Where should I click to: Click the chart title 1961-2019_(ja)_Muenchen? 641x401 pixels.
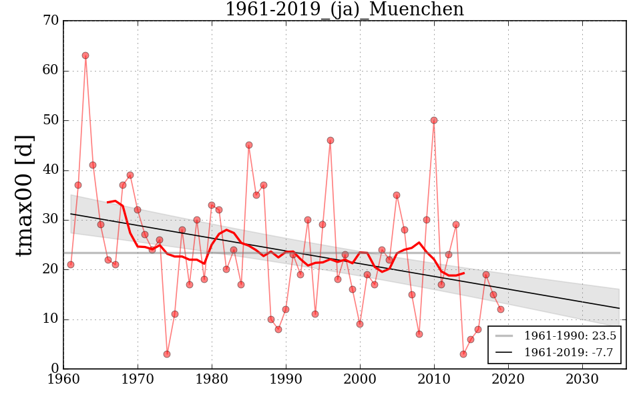tap(344, 9)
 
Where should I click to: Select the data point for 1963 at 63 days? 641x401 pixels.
tap(85, 55)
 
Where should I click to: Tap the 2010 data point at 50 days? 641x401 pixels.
tap(434, 120)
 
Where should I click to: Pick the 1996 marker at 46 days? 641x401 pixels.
tap(331, 140)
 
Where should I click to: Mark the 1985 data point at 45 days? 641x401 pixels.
tap(249, 145)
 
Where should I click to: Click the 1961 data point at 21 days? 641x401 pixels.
tap(71, 265)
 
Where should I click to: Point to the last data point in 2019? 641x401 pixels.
tap(501, 309)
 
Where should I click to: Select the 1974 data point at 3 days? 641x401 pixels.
tap(167, 354)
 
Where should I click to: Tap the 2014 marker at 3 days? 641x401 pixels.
tap(463, 354)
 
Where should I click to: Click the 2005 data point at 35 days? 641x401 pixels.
tap(397, 195)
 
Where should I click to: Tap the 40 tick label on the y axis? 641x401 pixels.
tap(51, 170)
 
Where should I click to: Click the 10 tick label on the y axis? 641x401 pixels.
tap(51, 319)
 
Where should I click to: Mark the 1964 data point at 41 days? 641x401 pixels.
tap(93, 165)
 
